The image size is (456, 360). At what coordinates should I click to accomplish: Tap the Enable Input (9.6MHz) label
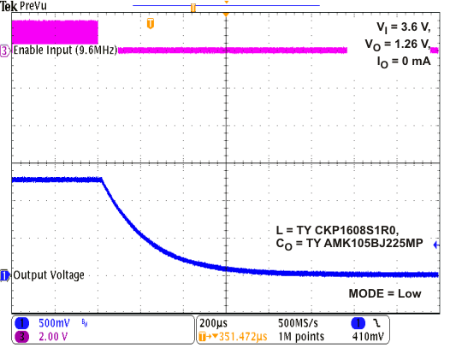[x=64, y=50]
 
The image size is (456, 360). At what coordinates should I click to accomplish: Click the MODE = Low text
[x=384, y=293]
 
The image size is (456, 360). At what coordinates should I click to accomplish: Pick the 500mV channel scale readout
[x=53, y=325]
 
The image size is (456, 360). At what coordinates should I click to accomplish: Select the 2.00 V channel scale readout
[x=53, y=338]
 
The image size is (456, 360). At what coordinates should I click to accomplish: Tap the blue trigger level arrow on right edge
[x=437, y=245]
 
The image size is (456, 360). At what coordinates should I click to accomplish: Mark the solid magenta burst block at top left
[x=55, y=32]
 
